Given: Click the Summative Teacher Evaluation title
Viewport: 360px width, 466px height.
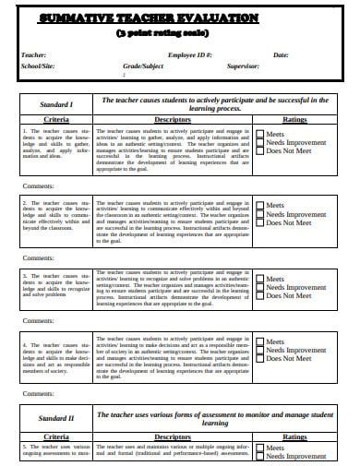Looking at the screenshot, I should pyautogui.click(x=179, y=18).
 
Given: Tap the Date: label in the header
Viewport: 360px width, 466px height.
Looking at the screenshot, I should pyautogui.click(x=281, y=55).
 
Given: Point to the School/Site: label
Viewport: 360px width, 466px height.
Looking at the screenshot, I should pyautogui.click(x=37, y=67).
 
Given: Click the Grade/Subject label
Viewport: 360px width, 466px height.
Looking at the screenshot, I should pyautogui.click(x=142, y=67).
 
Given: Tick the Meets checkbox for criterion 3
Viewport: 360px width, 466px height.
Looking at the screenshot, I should pyautogui.click(x=259, y=278).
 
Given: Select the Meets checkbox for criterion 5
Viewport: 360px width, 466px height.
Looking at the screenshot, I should pyautogui.click(x=259, y=448).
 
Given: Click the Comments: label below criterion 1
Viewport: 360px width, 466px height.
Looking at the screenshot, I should pyautogui.click(x=38, y=187).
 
